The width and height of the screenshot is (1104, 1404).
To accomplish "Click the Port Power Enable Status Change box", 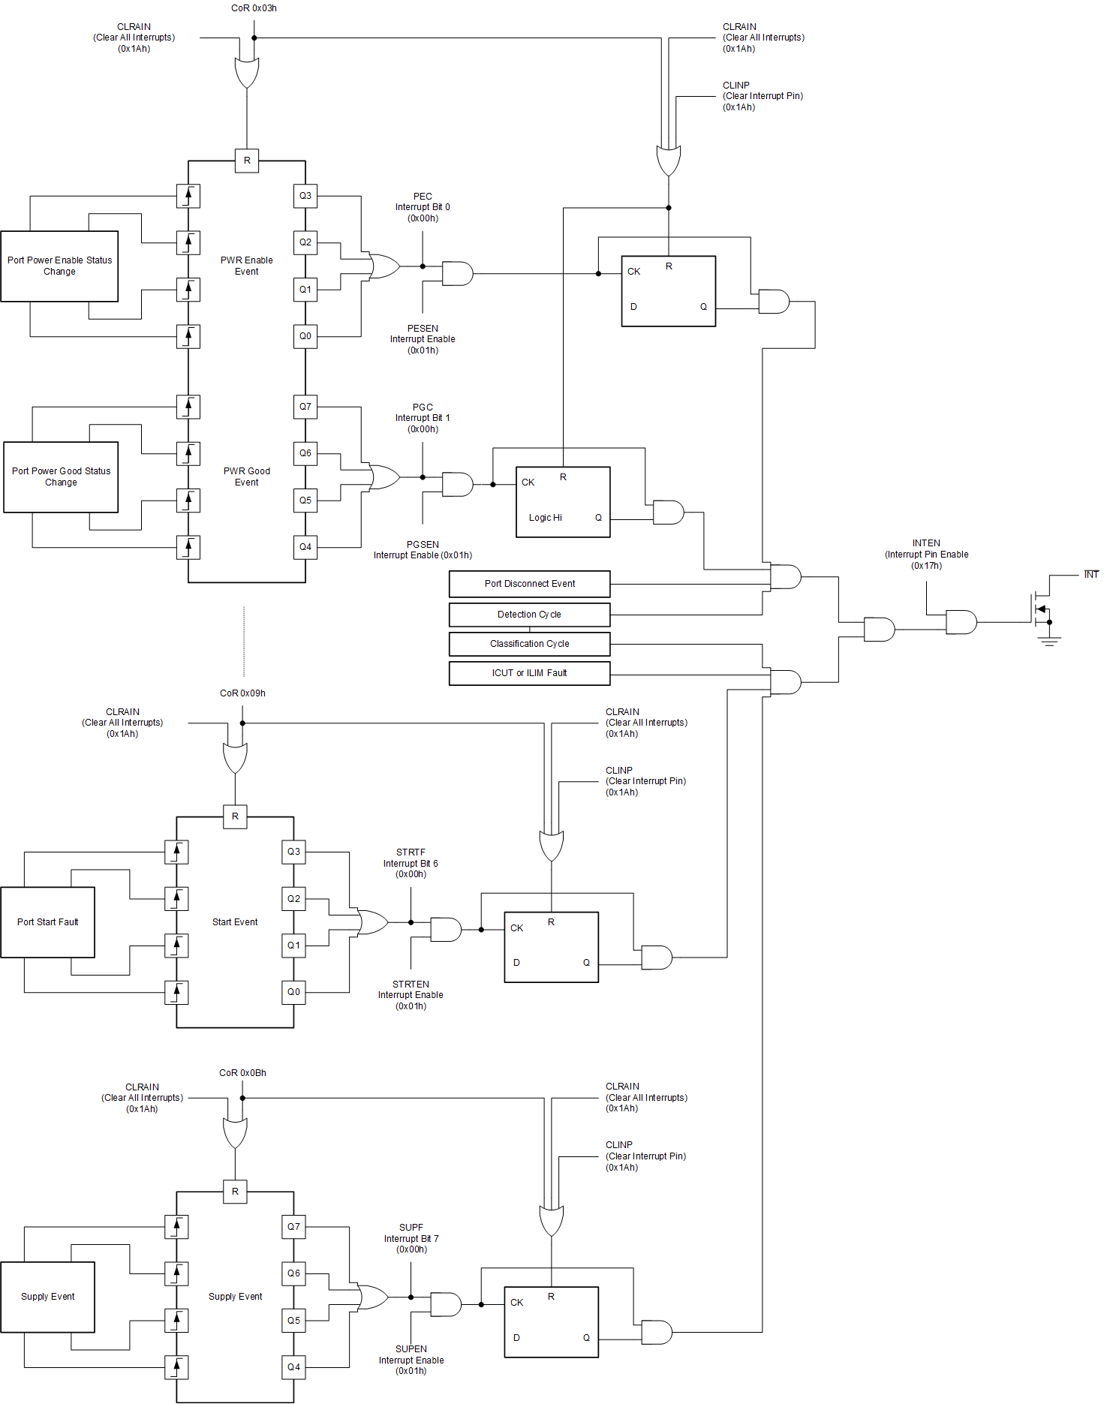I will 59,266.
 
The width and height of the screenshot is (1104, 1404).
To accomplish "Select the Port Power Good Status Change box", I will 61,477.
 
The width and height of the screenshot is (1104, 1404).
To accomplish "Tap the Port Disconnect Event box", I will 529,584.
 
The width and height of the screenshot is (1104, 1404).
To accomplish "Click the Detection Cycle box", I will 529,615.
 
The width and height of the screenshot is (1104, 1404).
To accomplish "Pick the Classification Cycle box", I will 529,644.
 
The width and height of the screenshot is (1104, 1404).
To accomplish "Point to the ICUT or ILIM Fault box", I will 529,673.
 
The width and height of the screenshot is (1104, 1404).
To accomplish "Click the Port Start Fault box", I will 47,922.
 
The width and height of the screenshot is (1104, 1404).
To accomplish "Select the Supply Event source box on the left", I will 47,1297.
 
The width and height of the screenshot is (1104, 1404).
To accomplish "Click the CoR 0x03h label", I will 254,8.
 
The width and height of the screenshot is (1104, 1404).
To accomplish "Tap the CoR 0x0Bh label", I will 242,1073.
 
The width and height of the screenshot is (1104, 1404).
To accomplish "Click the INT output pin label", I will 1090,575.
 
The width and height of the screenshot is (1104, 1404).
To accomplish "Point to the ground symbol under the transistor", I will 1049,641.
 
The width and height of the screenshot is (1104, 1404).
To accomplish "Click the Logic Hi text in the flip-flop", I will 545,518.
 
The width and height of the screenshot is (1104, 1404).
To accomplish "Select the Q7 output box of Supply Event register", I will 293,1227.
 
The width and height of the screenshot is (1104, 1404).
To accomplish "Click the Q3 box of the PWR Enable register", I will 305,196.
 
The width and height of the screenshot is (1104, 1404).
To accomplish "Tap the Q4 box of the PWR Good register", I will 305,547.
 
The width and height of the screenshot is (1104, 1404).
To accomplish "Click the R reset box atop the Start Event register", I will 235,816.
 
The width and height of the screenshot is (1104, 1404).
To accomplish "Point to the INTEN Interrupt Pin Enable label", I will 926,555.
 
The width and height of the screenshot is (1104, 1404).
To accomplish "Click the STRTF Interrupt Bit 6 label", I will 411,863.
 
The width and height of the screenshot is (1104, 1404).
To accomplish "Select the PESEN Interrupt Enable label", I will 423,339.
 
